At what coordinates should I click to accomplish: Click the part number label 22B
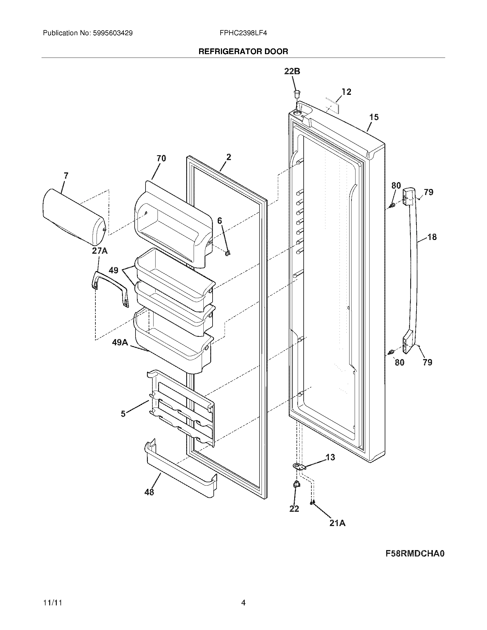point(292,71)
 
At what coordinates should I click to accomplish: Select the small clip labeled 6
point(228,253)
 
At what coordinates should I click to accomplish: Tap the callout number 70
point(161,158)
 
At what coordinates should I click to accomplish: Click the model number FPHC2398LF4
point(243,33)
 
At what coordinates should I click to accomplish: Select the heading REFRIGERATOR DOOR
point(243,52)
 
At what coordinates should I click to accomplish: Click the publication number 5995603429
point(113,33)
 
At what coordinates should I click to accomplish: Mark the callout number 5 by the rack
point(123,414)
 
